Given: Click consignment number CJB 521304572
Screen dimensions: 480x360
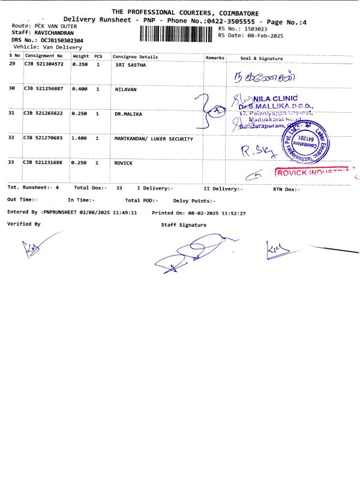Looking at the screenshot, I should [x=43, y=64].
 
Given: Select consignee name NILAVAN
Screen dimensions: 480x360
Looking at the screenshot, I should [x=127, y=89].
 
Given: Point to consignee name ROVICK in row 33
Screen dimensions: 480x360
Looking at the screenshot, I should [x=124, y=163].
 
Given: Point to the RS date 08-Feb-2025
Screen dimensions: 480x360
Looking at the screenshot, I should [x=257, y=35].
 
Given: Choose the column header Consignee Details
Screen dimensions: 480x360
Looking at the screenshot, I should [x=135, y=57].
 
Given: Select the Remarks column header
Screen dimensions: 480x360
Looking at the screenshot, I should [x=215, y=58].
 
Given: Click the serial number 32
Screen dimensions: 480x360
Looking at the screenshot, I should [x=12, y=139].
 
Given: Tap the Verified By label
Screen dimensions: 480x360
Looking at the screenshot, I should [x=24, y=223].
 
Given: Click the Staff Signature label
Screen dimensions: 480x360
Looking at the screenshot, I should [x=184, y=225].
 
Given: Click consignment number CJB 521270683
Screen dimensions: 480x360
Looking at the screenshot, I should [x=43, y=139].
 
